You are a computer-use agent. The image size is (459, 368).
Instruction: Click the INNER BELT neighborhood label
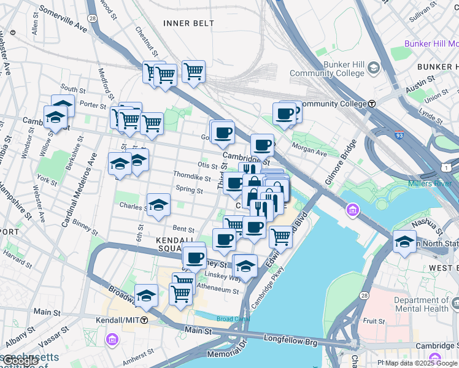pos(189,23)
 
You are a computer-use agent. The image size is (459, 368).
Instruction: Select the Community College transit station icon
pos(372,104)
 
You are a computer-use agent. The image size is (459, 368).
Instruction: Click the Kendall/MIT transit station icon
pos(144,320)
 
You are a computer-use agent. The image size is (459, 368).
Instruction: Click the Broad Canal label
pos(233,319)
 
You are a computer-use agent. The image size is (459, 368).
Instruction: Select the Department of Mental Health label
pos(422,304)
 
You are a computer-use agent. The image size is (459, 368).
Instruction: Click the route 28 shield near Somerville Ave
pos(91,19)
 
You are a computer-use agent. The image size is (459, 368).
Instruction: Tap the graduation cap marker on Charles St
pos(158,204)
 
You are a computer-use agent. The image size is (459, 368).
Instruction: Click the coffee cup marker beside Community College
pos(284,113)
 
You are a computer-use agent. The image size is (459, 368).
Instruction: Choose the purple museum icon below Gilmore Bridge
pos(353,212)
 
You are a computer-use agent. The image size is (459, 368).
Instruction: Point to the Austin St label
pos(422,79)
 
